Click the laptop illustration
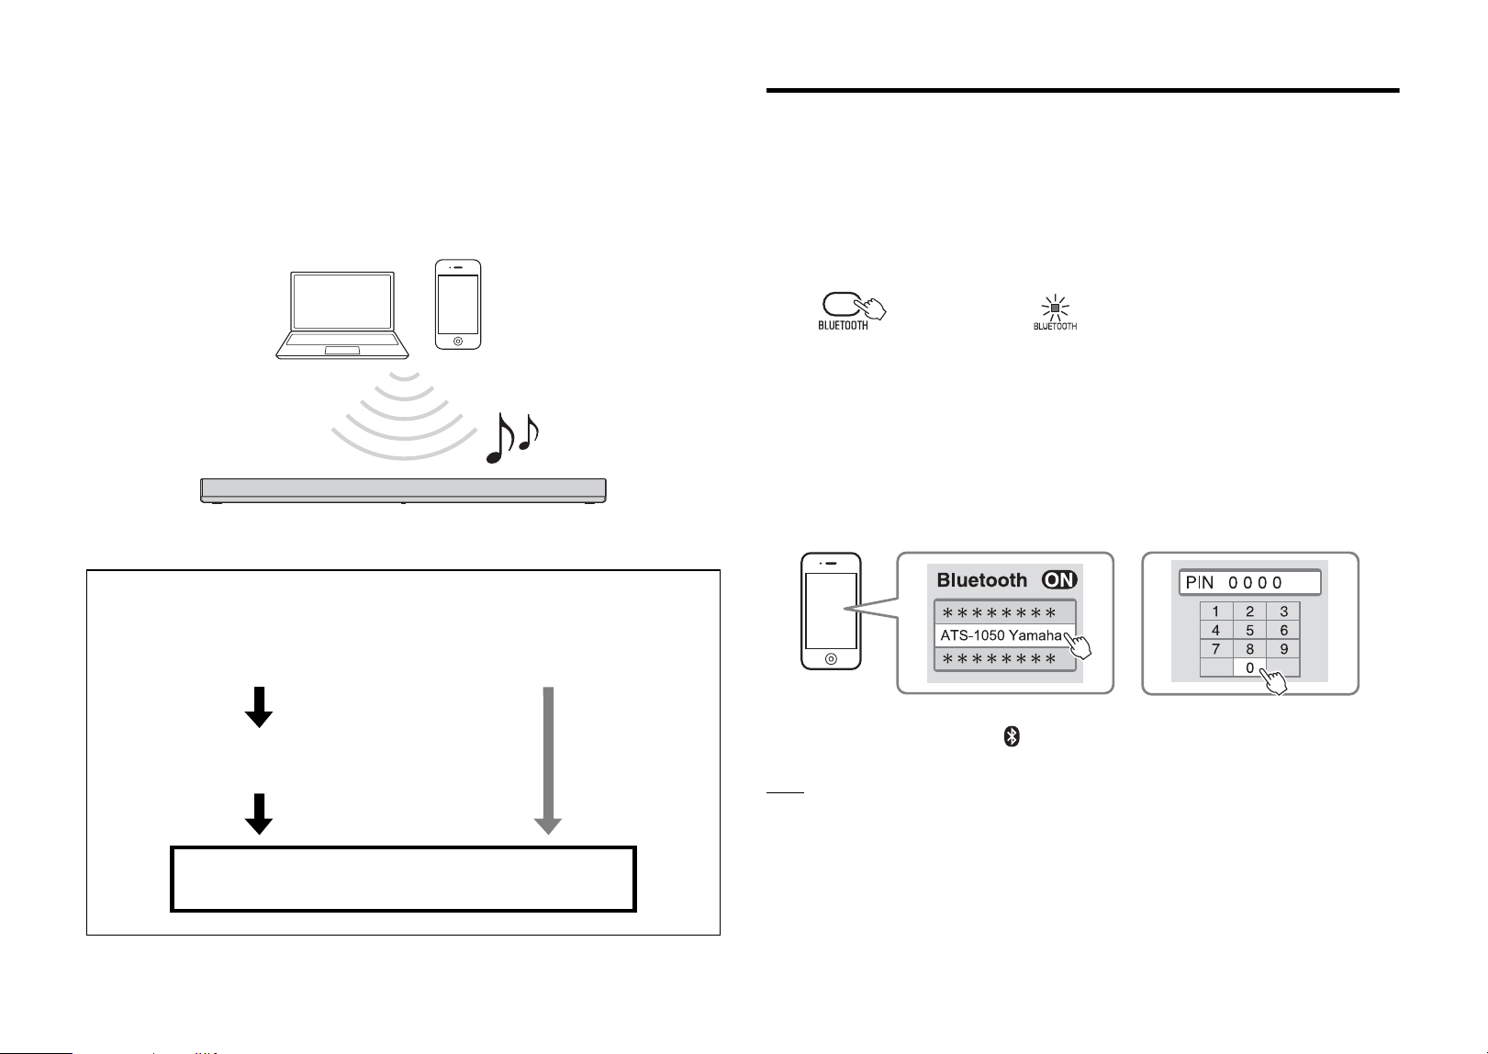342,315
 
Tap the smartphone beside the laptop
458,305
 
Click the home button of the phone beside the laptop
458,342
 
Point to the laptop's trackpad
342,350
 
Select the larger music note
500,439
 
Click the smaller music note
529,432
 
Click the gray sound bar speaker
403,490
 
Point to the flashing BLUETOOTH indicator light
1055,308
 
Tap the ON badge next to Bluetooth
1059,580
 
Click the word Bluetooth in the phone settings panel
982,580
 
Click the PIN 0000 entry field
1249,583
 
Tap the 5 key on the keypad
1249,630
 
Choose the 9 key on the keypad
1283,648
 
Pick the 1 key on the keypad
1215,611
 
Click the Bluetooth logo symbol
1011,736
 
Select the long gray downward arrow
548,760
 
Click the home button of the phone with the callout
831,658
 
